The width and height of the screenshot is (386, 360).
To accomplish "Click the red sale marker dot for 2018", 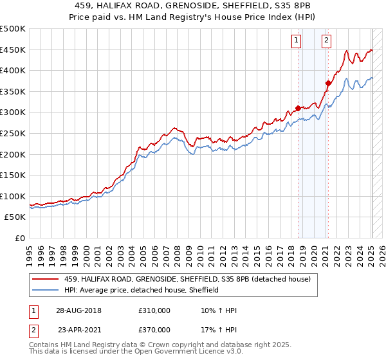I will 298,108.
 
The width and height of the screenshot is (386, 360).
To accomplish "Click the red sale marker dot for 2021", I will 328,83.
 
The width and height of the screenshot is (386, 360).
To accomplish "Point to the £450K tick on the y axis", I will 13,50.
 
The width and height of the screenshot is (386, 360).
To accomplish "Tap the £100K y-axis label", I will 13,196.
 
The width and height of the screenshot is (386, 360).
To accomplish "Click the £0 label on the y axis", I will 21,238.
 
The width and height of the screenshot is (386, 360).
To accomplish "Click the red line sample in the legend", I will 45,279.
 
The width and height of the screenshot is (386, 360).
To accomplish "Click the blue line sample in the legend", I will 45,290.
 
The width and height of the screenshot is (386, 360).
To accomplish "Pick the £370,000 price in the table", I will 154,330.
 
